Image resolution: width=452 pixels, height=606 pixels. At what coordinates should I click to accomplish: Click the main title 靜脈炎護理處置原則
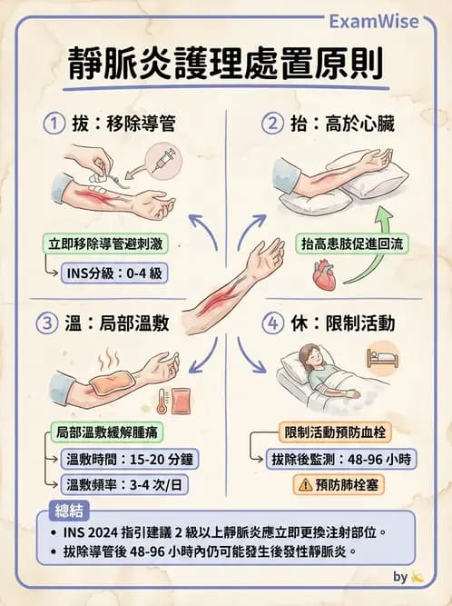225,65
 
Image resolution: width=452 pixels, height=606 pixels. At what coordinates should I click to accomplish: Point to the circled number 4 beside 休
271,322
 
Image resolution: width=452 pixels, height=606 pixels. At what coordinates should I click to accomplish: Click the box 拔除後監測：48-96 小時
343,458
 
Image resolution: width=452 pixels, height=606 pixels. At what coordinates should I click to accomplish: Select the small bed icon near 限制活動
381,357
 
